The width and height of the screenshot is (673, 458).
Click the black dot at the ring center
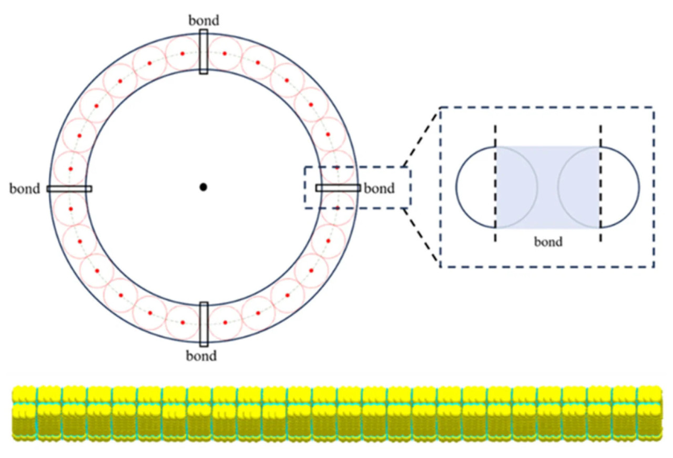(203, 187)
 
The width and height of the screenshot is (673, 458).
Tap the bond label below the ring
(201, 356)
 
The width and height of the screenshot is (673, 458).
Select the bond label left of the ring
(25, 188)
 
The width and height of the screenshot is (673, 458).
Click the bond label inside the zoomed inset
(548, 242)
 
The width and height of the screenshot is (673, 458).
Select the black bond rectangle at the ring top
(203, 52)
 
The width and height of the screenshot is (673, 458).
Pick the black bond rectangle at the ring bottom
(204, 324)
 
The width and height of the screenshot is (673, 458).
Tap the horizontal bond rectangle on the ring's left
(69, 189)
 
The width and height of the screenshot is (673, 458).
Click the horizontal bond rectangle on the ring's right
(338, 188)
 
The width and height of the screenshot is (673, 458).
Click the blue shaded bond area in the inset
(548, 187)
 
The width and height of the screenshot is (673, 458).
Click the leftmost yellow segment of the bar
(24, 413)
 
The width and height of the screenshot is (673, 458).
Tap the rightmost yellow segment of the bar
(649, 413)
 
